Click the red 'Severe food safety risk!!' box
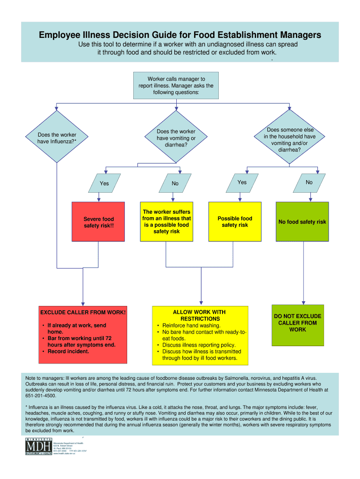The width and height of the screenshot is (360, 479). (98, 222)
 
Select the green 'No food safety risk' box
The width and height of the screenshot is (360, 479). (302, 222)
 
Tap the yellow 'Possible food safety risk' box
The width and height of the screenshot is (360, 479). (235, 222)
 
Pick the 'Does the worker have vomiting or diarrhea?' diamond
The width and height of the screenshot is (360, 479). (176, 138)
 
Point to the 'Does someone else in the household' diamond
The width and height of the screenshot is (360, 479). (290, 140)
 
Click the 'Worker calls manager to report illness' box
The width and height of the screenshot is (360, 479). (176, 86)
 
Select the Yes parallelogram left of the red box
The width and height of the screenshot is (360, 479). (104, 183)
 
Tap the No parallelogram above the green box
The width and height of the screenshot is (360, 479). (309, 182)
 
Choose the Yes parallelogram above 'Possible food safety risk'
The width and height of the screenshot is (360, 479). (242, 182)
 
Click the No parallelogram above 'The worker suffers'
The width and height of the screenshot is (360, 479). (175, 183)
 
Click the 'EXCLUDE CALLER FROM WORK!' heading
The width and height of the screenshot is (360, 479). (83, 312)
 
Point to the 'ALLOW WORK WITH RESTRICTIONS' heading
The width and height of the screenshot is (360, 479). (200, 315)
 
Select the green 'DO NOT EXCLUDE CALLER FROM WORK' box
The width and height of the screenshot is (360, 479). (297, 323)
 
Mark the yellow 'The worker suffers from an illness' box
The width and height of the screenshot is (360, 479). (167, 222)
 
